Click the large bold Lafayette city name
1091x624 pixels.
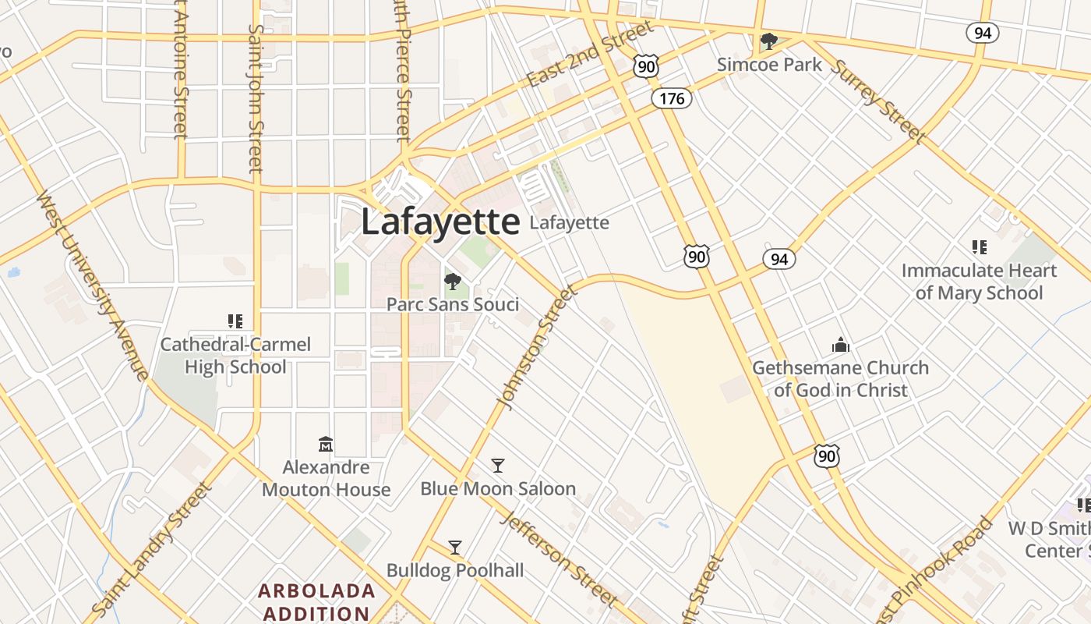pos(440,222)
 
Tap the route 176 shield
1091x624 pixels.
pos(672,98)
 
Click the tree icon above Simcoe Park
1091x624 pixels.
pos(769,41)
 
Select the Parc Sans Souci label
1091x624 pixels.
pos(453,304)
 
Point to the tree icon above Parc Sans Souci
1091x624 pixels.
pos(452,282)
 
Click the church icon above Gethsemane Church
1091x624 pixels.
pos(840,344)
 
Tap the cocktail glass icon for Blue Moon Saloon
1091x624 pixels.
pos(498,466)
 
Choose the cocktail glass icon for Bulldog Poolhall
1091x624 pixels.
pos(455,548)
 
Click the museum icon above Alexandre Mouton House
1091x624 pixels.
pos(326,445)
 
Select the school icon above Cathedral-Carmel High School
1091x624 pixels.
pos(235,321)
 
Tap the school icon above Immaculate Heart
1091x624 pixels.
pos(980,247)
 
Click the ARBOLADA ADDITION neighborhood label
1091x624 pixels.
pos(316,601)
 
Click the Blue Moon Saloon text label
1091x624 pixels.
pos(498,489)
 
